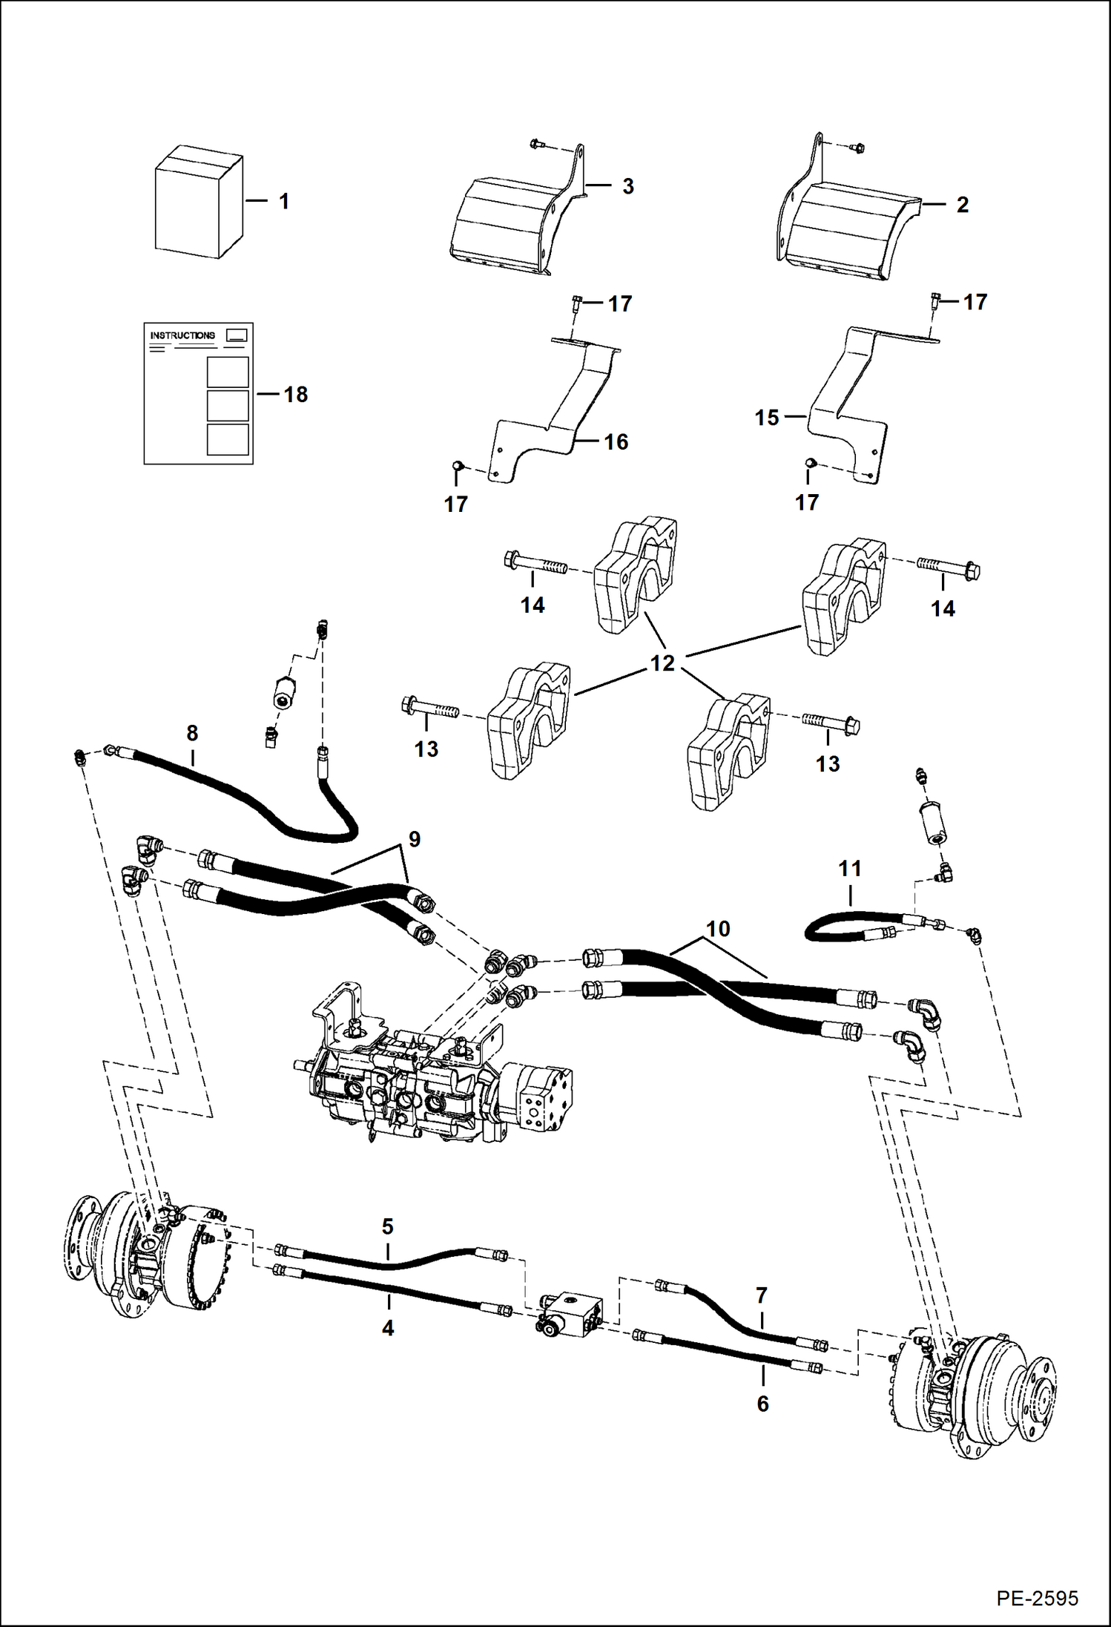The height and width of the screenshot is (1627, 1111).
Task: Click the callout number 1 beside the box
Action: point(283,202)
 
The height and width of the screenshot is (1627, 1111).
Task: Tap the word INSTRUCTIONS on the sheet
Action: point(182,335)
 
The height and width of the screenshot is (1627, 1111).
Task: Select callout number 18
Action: point(295,395)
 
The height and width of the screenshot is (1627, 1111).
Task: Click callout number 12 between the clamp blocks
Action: point(662,663)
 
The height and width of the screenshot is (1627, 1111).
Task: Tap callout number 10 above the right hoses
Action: point(717,929)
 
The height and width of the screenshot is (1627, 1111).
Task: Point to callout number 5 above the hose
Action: point(387,1226)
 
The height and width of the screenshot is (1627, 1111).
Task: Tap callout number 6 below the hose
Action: point(762,1404)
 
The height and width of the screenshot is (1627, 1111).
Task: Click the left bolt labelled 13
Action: point(429,709)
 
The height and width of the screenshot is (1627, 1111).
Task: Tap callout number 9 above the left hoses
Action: point(414,839)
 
